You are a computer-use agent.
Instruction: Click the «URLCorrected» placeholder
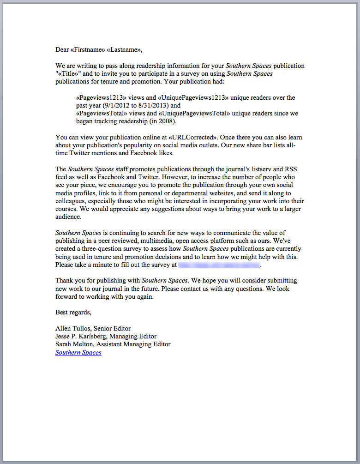point(195,138)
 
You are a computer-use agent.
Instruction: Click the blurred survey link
point(219,265)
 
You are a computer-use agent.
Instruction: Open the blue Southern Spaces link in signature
point(78,352)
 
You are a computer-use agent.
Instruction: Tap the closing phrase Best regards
point(73,312)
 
